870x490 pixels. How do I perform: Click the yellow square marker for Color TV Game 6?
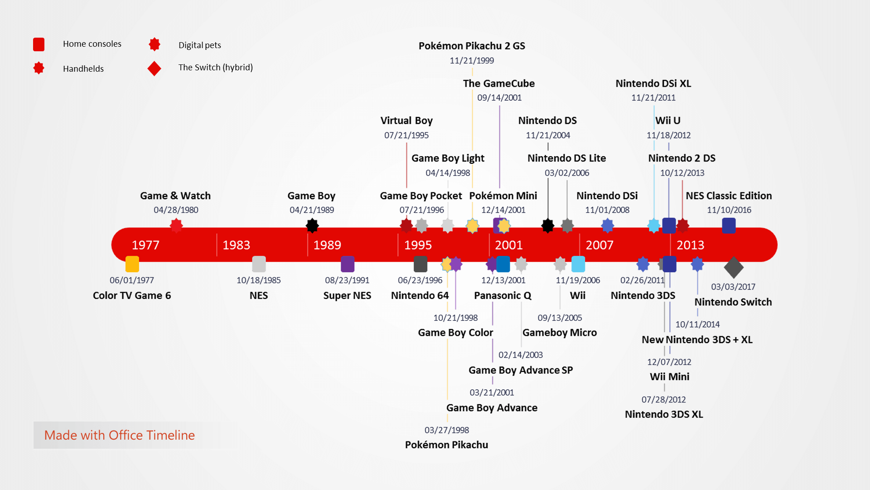pos(132,264)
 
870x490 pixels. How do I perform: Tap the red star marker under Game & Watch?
pos(176,225)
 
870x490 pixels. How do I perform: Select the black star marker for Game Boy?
pos(312,225)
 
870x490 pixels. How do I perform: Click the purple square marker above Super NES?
pos(348,264)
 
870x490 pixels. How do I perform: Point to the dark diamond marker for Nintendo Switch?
pos(734,267)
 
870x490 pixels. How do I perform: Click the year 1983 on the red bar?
pos(236,245)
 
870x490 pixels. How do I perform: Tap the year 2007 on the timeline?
pos(599,245)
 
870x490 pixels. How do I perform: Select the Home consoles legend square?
pos(39,44)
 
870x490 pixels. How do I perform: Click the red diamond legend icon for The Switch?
pos(155,69)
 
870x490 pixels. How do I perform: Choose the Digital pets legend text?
pos(200,45)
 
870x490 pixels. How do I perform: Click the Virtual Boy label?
pos(406,121)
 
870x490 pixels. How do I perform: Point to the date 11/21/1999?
pos(472,60)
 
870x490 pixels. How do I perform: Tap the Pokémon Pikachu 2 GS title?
pos(472,46)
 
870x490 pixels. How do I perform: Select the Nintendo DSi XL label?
pos(653,83)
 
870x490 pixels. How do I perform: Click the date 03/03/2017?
pos(733,287)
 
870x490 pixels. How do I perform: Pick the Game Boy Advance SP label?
pos(521,370)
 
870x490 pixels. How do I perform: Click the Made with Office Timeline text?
pos(120,435)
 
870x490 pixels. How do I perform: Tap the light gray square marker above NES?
pos(259,264)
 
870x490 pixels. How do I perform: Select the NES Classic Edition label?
pos(729,196)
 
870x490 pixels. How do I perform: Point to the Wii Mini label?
pos(669,377)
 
